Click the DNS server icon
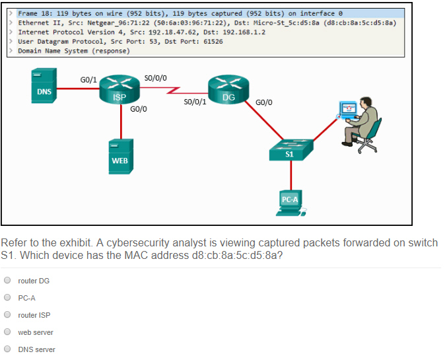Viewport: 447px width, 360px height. [44, 85]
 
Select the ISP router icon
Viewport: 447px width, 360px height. [120, 89]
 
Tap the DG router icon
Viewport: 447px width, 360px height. [228, 89]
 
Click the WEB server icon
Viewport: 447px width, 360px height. [121, 157]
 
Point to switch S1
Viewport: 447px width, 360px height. [291, 149]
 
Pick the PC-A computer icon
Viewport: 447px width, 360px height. [291, 203]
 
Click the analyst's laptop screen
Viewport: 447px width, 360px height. [348, 109]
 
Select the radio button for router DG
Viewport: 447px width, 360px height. [7, 281]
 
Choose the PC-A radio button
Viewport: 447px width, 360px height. [7, 297]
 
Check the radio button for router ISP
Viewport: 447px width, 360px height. [7, 314]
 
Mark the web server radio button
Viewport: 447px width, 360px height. [7, 332]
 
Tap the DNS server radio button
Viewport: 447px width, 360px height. [7, 349]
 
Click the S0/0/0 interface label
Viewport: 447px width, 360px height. [155, 78]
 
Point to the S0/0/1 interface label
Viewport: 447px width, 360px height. [195, 102]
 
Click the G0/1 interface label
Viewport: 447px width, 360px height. [88, 80]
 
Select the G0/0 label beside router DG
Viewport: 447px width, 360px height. [263, 102]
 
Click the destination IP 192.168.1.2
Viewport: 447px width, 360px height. [244, 32]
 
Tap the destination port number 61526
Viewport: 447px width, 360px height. [213, 42]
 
